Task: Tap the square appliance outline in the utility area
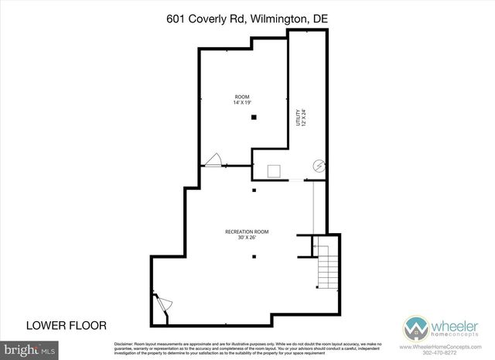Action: coord(275,170)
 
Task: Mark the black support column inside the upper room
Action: coord(253,117)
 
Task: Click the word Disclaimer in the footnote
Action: coord(127,343)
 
